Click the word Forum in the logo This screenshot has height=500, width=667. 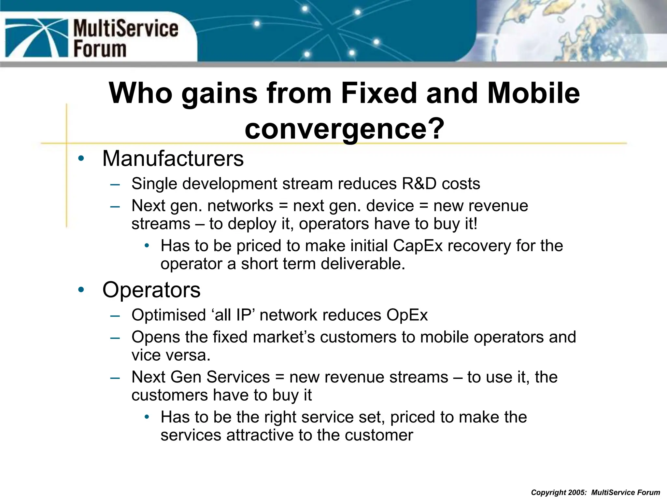tap(100, 49)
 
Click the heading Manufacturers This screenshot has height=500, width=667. tap(173, 159)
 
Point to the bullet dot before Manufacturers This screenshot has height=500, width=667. tap(81, 159)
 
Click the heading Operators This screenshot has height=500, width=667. tap(151, 290)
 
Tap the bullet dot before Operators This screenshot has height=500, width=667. tap(81, 290)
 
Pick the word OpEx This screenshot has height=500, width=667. tap(407, 315)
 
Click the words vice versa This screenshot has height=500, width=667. tap(171, 355)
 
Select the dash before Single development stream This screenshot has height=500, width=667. tap(115, 184)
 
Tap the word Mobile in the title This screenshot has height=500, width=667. tap(534, 93)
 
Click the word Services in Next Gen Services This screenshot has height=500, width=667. tap(238, 377)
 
